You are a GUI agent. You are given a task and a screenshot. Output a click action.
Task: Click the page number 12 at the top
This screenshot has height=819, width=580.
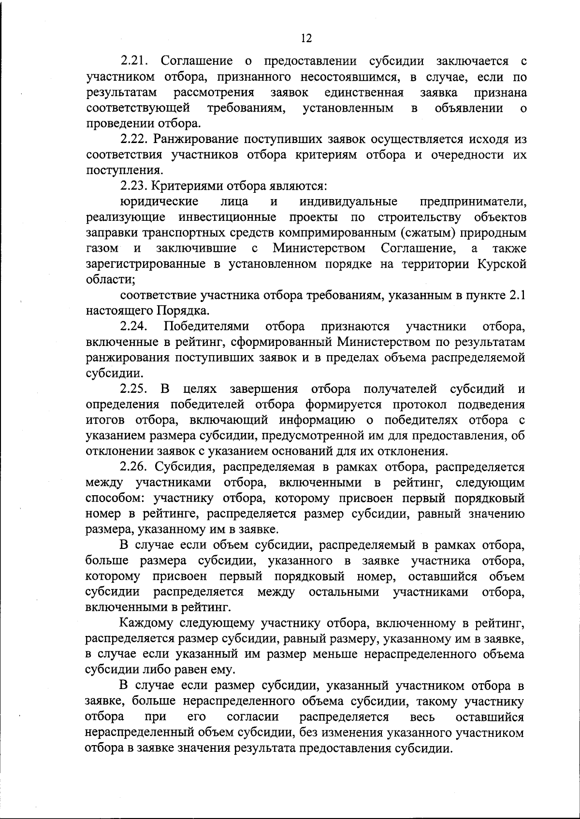[x=306, y=38]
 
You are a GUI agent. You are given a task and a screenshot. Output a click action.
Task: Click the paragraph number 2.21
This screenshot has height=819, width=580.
[x=136, y=61]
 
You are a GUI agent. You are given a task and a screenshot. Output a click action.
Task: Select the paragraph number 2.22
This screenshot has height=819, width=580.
[x=136, y=139]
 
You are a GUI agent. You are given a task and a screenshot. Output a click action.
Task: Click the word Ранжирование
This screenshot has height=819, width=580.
[x=198, y=139]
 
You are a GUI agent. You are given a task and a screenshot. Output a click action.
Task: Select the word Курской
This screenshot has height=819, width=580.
[x=501, y=264]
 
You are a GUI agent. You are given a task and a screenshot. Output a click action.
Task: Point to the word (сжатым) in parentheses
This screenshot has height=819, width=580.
[x=428, y=233]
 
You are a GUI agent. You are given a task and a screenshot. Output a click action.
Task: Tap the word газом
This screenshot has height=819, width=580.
[x=102, y=248]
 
